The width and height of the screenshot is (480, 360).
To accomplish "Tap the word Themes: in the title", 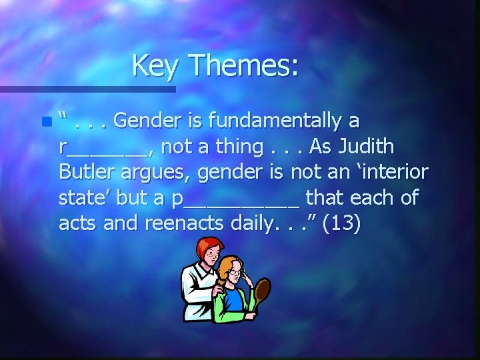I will [x=244, y=66].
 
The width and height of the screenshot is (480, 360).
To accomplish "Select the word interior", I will [x=387, y=172].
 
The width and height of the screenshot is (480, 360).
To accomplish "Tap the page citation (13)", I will [x=341, y=224].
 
